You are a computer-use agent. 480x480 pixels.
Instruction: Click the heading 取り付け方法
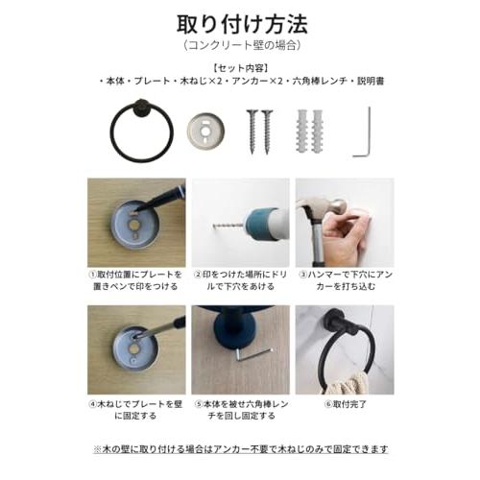(x=239, y=22)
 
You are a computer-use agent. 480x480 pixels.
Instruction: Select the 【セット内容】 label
(x=239, y=68)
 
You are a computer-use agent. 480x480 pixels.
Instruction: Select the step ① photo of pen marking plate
(x=136, y=222)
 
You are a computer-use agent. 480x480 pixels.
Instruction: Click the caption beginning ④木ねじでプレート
(x=136, y=411)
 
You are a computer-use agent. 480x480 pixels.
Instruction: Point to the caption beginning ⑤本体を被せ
(x=239, y=411)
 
